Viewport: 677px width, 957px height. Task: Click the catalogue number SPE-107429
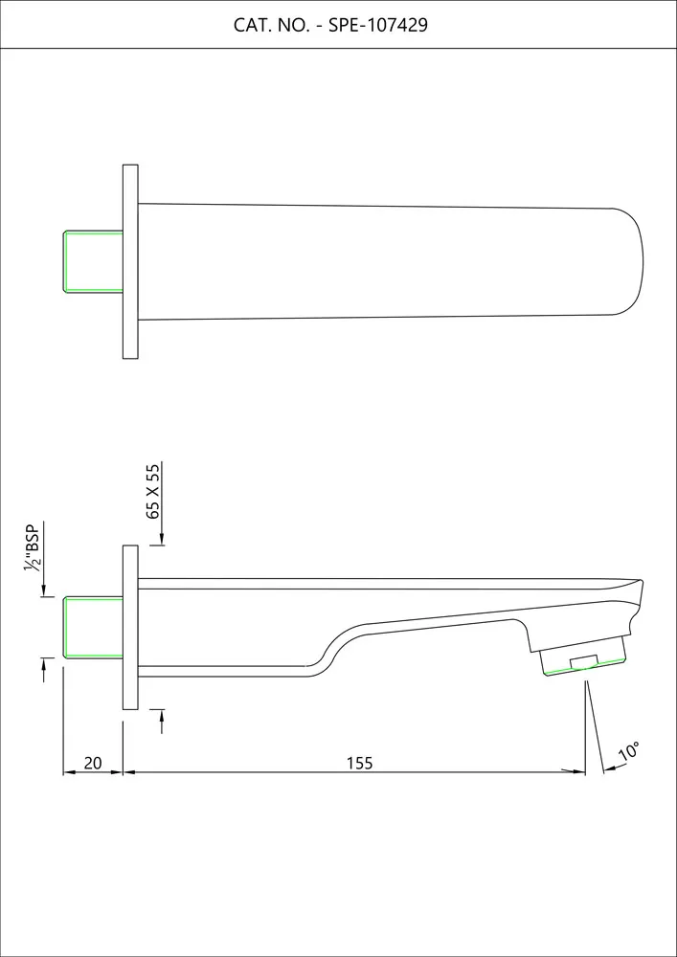[378, 26]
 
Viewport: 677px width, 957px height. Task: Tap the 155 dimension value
[359, 763]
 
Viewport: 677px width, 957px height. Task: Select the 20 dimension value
[93, 763]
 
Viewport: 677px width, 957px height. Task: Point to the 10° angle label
[629, 751]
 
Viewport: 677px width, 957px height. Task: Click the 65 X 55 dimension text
[153, 491]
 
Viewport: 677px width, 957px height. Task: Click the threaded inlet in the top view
[94, 261]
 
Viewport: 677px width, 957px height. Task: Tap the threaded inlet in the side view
[94, 628]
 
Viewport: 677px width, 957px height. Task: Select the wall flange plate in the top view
[130, 261]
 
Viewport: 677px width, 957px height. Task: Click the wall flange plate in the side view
[130, 628]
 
